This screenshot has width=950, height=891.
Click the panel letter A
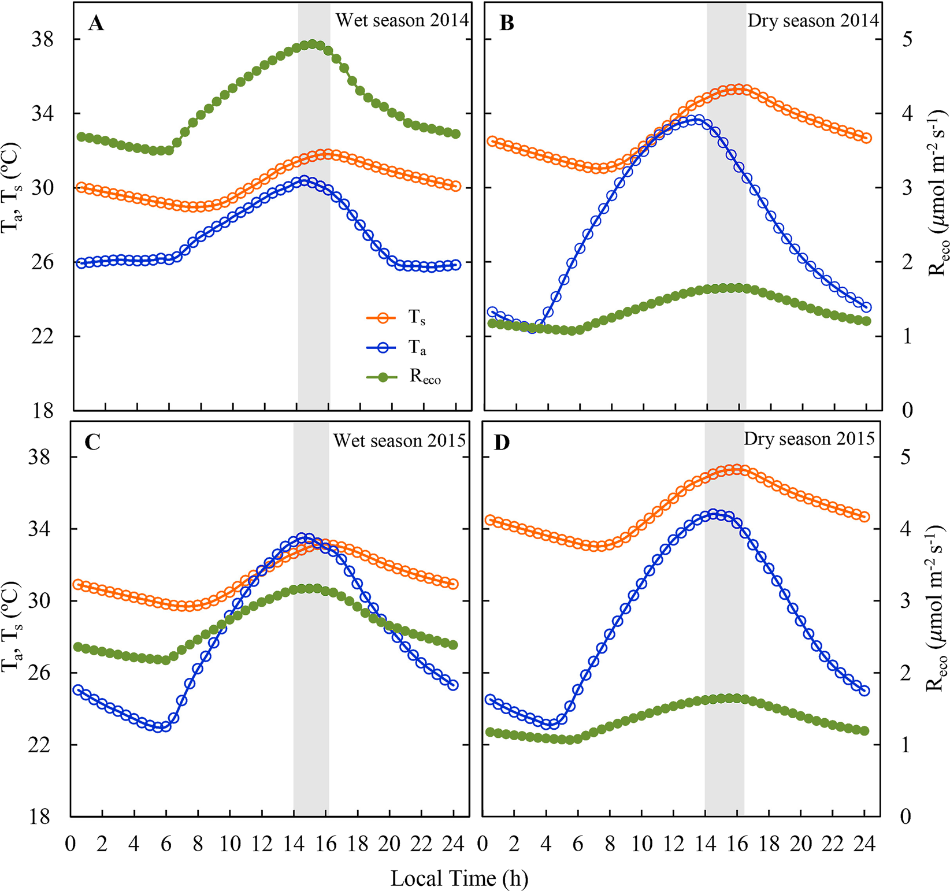[96, 24]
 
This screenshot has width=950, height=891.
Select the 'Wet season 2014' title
[402, 21]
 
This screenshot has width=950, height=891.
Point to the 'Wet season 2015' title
[399, 441]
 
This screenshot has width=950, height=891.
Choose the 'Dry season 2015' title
[809, 439]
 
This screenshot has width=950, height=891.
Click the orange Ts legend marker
[382, 318]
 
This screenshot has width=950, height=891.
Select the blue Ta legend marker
[382, 348]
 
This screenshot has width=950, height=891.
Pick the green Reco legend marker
[382, 377]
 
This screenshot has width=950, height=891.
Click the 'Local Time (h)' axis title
[459, 879]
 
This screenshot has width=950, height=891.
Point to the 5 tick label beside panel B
[908, 40]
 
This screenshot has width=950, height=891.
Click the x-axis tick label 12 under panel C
[262, 844]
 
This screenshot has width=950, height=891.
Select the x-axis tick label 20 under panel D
[801, 844]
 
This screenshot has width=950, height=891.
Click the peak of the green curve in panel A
[313, 44]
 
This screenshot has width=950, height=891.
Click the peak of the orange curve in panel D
[735, 470]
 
